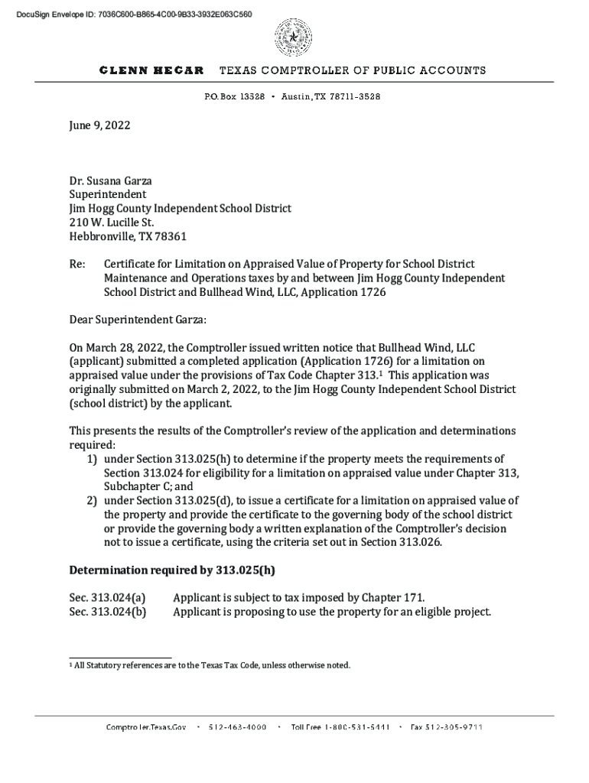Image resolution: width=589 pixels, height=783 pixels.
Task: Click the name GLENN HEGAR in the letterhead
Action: click(151, 70)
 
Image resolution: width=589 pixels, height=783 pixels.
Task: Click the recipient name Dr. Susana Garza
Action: click(110, 181)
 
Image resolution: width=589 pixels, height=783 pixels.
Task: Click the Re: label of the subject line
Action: click(77, 264)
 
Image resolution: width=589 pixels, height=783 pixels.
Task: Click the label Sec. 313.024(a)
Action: click(107, 597)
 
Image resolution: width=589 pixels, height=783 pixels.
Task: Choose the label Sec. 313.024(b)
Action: click(107, 612)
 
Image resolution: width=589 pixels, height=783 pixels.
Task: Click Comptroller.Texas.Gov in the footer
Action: click(146, 727)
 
